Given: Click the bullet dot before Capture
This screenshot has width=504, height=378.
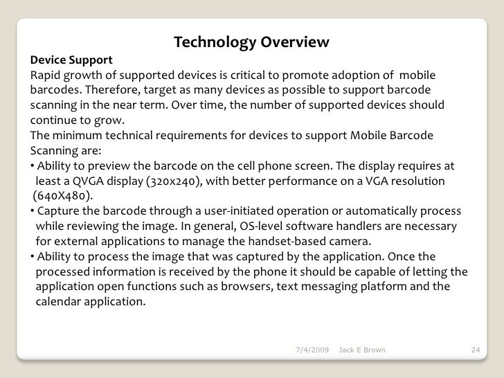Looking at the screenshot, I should [x=33, y=212].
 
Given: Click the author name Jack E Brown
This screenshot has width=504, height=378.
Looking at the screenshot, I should [x=363, y=350].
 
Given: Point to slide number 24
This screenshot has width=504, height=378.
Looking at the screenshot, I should [x=475, y=350].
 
